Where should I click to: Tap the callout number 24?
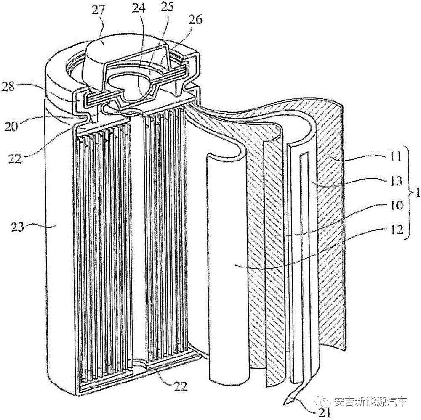pos(139,9)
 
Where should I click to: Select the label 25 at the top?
pos(167,6)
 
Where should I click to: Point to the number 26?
pos(195,20)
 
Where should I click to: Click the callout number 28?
pos(8,87)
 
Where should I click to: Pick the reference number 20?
pos(11,126)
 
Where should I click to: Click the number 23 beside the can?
pos(17,227)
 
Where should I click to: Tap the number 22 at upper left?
pos(15,159)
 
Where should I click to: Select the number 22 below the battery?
pos(180,386)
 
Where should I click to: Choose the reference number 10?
pos(396,206)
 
